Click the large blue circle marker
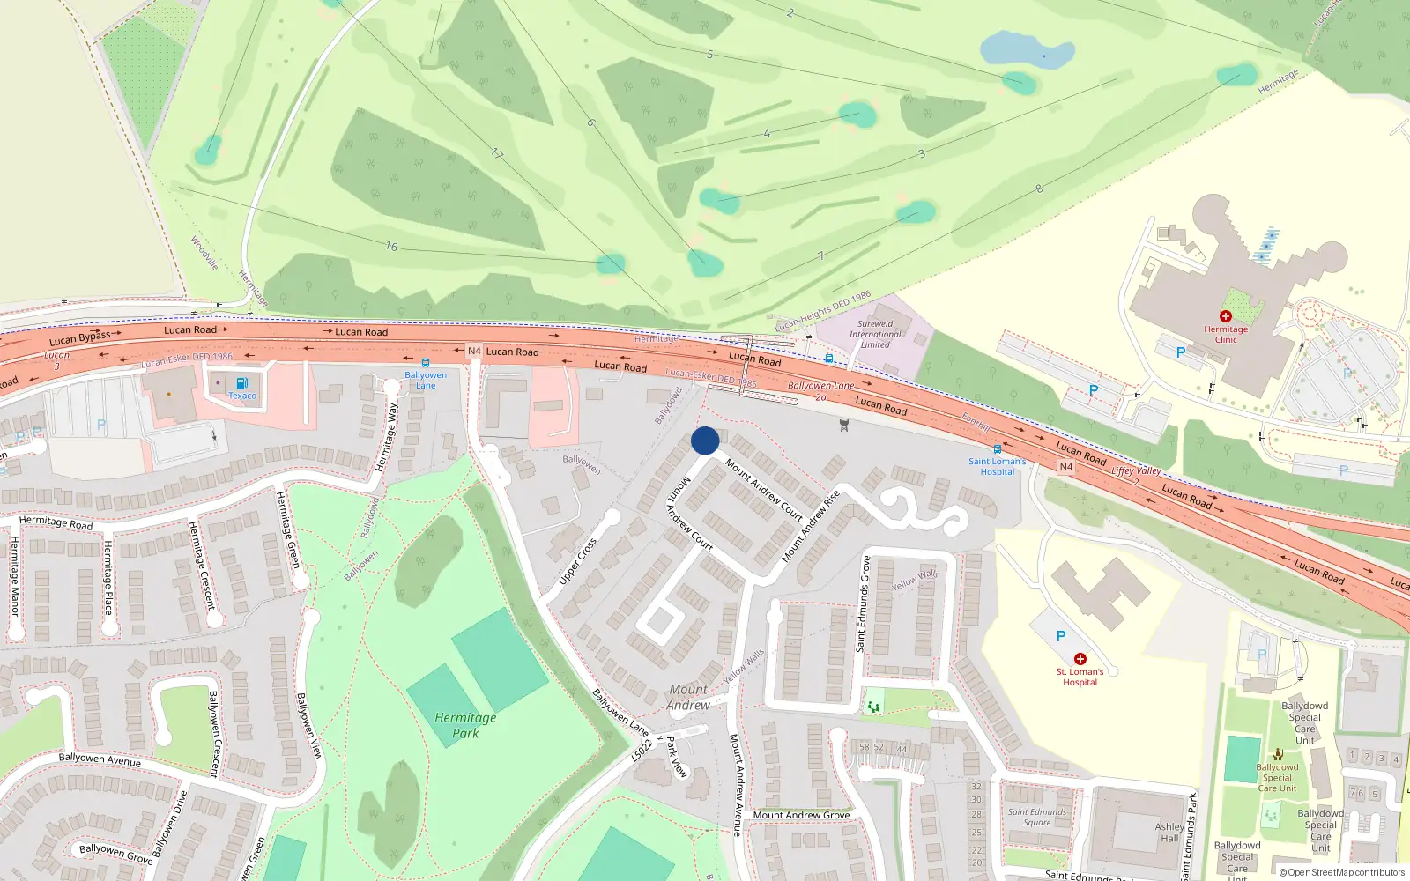pos(705,440)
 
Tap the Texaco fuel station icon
pos(242,383)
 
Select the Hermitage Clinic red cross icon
pos(1225,316)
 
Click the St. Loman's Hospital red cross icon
pos(1080,659)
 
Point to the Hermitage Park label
pos(465,725)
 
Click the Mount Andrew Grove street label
pos(801,815)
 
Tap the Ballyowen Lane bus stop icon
pos(426,363)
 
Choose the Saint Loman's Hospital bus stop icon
pos(997,449)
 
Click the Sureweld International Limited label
pos(875,334)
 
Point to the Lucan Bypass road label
pos(79,337)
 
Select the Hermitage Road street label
pos(56,522)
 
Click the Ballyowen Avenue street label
pos(100,759)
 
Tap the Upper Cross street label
pos(577,561)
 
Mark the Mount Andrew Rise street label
pos(811,526)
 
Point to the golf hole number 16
pos(391,247)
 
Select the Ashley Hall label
pos(1169,833)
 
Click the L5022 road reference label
pos(642,750)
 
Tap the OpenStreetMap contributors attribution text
pos(1346,872)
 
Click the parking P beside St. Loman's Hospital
pos(1061,636)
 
